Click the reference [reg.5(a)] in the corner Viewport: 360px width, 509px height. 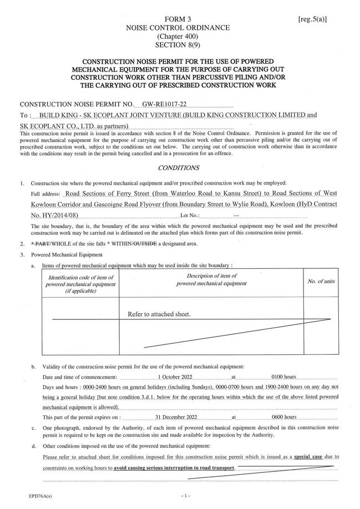pyautogui.click(x=312, y=19)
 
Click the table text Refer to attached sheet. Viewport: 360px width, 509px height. pyautogui.click(x=159, y=314)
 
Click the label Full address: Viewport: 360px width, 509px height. pyautogui.click(x=46, y=195)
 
